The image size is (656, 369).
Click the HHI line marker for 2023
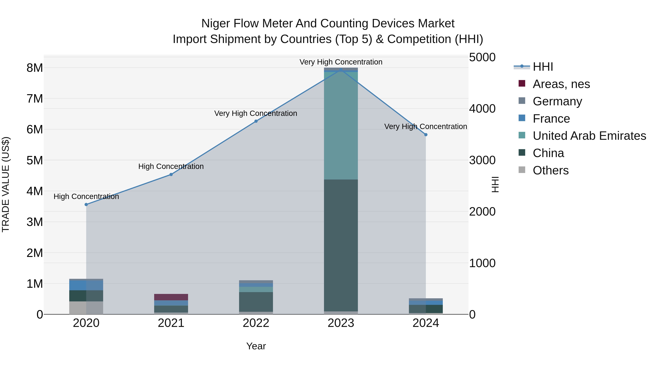point(341,70)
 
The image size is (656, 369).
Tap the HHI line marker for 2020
point(86,204)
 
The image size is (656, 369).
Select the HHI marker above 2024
point(426,135)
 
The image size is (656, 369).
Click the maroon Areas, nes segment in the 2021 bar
point(171,297)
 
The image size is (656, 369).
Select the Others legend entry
point(550,170)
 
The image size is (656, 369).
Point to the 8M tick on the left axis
point(35,68)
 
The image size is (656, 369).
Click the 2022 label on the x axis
point(256,323)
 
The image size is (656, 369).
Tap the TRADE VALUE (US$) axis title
point(6,184)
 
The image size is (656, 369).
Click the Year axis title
point(256,346)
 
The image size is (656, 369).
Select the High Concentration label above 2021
point(171,166)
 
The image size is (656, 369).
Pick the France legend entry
point(551,119)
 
